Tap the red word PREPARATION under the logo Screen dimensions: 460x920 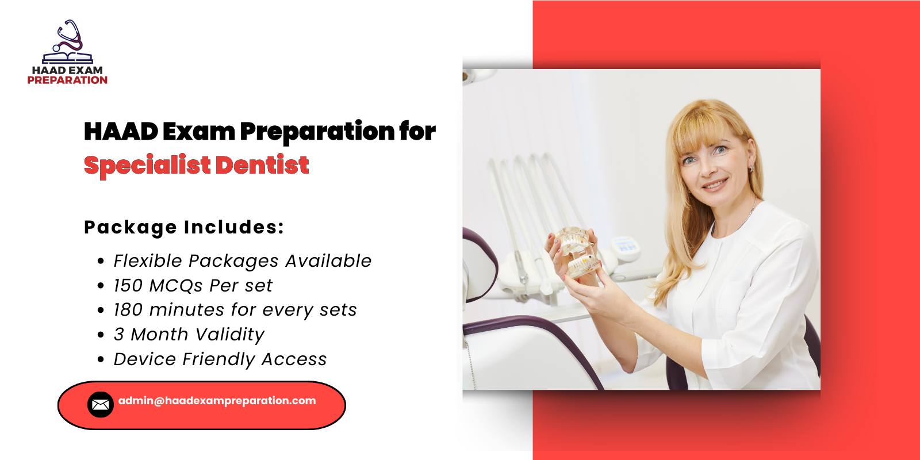67,80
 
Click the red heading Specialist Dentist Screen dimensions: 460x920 196,166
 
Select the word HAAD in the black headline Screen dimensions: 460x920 121,132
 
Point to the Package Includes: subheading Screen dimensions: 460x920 184,227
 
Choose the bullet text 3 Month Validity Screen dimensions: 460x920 189,335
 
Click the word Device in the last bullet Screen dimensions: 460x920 145,359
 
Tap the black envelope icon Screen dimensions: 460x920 101,405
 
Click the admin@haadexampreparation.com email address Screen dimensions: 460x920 217,401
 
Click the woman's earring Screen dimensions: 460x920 752,169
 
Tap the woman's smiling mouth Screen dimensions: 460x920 715,185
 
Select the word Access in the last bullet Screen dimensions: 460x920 294,359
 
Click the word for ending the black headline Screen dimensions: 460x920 417,132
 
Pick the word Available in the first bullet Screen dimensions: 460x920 328,261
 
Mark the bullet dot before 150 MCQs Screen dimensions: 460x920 101,286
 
